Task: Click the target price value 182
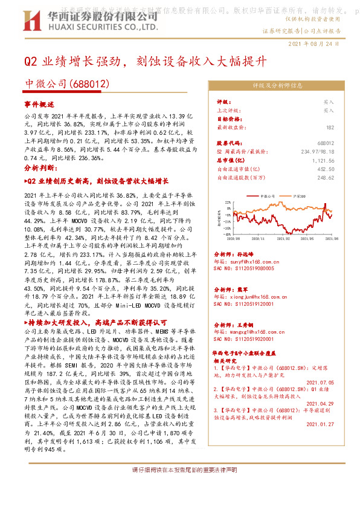tap(330, 128)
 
